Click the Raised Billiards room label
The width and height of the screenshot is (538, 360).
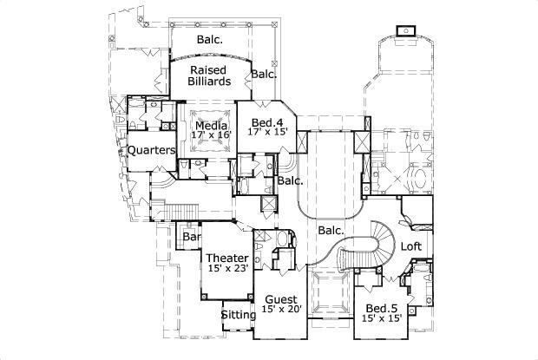(x=210, y=74)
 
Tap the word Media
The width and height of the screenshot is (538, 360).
(x=211, y=125)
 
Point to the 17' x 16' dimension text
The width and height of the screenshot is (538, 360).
(x=211, y=135)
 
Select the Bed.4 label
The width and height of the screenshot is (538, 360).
(x=267, y=121)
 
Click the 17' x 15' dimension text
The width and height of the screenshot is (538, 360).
(x=267, y=132)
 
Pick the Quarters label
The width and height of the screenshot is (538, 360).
(x=152, y=150)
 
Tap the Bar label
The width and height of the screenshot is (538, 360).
(x=191, y=237)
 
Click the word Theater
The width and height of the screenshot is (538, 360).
(x=227, y=259)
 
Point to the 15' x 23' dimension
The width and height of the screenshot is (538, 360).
(x=227, y=269)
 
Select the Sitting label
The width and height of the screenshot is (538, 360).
(x=238, y=315)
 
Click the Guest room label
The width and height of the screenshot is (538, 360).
(x=280, y=299)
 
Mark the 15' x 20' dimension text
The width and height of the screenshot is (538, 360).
(x=280, y=310)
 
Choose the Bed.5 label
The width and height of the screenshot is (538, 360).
(x=382, y=309)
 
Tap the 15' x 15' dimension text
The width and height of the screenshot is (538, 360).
(x=382, y=319)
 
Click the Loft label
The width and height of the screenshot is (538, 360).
(x=411, y=246)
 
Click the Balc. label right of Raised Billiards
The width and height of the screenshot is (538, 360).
(x=264, y=75)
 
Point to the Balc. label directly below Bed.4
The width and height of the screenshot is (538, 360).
(x=291, y=181)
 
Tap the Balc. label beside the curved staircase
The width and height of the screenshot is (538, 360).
(x=331, y=231)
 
